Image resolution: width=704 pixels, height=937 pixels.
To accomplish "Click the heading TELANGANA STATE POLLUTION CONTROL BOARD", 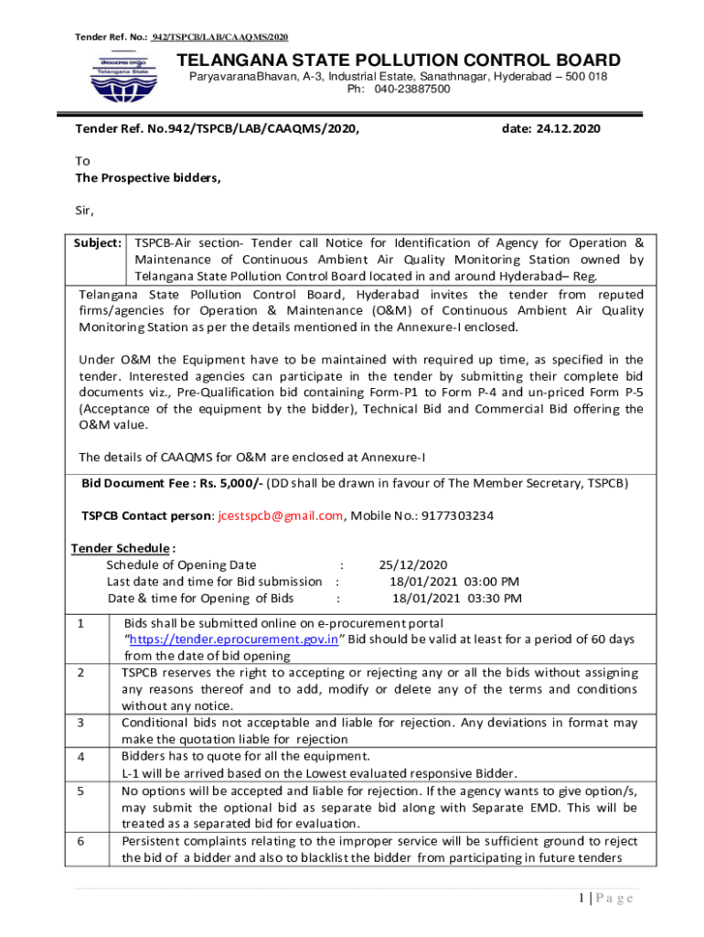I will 398,60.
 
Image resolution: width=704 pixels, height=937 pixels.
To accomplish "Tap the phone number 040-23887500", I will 411,90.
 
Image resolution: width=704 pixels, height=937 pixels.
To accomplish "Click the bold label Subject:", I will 98,243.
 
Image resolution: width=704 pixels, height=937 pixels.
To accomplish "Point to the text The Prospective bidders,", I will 148,178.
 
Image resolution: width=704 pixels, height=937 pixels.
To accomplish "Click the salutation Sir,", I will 85,210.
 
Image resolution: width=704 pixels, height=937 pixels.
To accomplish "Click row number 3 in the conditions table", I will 81,723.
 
